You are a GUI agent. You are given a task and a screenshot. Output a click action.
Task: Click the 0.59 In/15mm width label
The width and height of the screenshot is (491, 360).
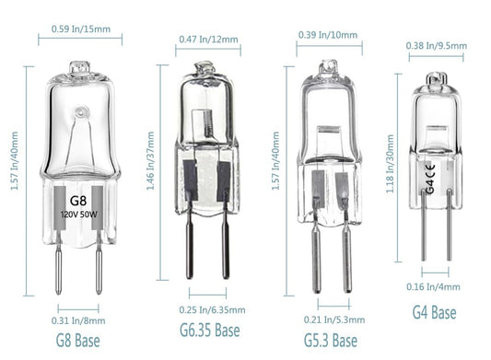click(81, 29)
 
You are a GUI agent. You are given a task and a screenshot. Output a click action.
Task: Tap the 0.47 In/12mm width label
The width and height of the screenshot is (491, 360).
click(208, 40)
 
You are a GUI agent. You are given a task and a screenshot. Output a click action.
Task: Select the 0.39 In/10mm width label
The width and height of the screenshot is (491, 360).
click(328, 35)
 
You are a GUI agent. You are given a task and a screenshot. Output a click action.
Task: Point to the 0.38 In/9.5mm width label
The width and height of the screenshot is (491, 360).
click(437, 46)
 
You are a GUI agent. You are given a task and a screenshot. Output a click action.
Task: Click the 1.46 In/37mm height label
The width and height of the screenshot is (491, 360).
click(150, 160)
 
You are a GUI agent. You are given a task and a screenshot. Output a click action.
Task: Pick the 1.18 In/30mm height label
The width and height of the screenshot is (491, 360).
click(390, 164)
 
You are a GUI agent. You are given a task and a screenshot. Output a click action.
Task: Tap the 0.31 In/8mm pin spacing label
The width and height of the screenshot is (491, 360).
click(78, 320)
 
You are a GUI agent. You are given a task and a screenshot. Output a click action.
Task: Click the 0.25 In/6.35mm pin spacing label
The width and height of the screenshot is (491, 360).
click(212, 310)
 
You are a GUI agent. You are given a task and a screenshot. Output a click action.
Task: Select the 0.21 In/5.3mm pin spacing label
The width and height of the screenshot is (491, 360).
click(334, 319)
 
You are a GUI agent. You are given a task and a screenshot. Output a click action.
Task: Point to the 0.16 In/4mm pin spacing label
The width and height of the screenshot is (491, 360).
click(433, 286)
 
